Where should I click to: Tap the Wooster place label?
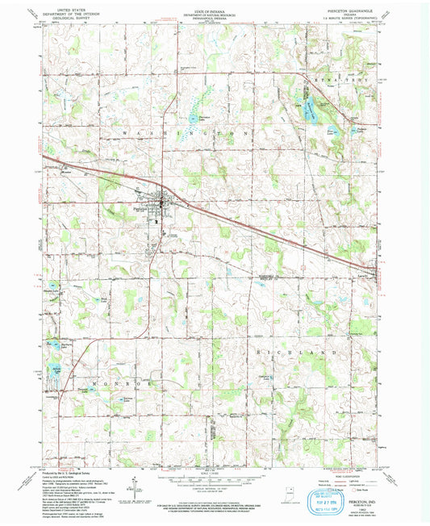click(x=69, y=172)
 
